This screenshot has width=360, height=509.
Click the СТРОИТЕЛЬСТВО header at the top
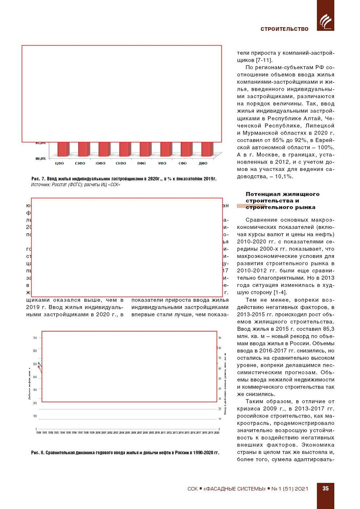click(x=284, y=29)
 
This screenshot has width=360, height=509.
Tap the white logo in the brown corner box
click(x=325, y=21)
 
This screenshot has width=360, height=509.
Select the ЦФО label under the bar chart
click(x=60, y=164)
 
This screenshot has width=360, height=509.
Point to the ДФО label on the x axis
click(x=203, y=164)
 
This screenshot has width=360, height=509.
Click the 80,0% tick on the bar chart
click(x=40, y=158)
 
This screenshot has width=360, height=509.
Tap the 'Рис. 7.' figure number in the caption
click(x=38, y=179)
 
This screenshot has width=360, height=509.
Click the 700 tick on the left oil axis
click(x=35, y=338)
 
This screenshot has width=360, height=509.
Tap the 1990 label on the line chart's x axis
click(x=39, y=433)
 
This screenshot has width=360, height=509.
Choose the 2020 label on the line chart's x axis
click(x=217, y=433)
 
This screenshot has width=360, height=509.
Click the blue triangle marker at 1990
click(x=39, y=363)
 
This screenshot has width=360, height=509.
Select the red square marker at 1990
click(x=39, y=367)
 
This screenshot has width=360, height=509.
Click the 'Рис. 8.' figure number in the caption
click(x=38, y=453)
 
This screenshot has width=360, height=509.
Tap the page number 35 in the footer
click(x=325, y=489)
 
